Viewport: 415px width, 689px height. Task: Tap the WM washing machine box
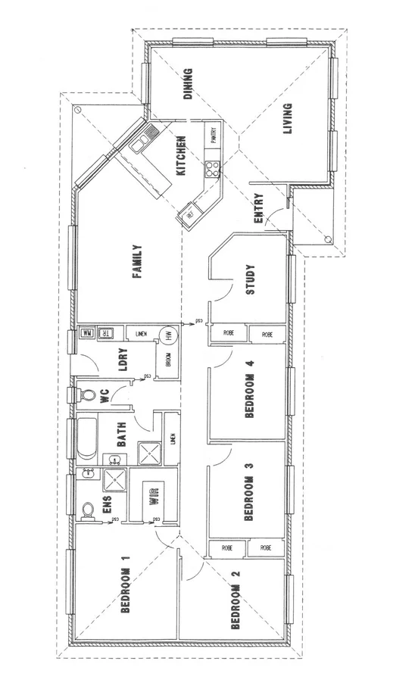point(86,334)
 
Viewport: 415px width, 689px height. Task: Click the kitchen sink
point(142,139)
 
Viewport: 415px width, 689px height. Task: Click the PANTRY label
point(214,136)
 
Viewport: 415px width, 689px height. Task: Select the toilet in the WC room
point(87,394)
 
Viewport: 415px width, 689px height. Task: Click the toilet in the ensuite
point(87,509)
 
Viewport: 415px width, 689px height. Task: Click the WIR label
point(154,497)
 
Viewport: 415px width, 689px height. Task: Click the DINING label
point(189,84)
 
